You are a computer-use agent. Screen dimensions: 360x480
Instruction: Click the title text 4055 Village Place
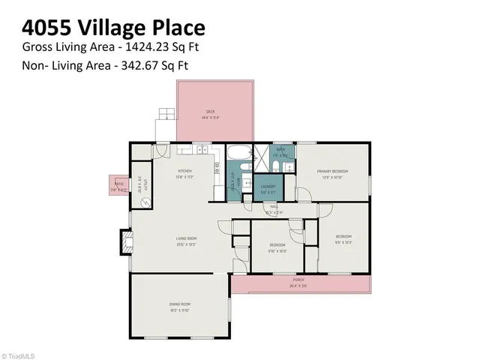(x=113, y=28)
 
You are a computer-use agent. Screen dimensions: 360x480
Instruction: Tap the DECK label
(x=211, y=112)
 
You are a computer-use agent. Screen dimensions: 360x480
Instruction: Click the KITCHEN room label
(x=184, y=171)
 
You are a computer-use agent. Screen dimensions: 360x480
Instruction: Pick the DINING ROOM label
(x=179, y=304)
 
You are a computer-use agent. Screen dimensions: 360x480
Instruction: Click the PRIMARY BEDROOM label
(x=332, y=171)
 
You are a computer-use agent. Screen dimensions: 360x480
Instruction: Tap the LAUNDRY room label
(x=268, y=186)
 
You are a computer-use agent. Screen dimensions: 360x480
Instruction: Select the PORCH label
(x=298, y=280)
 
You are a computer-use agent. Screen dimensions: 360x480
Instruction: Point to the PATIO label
(x=118, y=184)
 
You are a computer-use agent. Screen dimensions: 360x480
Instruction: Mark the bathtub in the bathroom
(x=238, y=154)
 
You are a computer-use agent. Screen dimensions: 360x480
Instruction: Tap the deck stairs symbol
(x=165, y=124)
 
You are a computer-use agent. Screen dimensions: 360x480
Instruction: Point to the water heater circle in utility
(x=147, y=202)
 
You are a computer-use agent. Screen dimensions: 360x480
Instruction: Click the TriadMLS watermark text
(x=19, y=355)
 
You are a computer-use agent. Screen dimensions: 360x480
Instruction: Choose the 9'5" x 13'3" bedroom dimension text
(x=343, y=241)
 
